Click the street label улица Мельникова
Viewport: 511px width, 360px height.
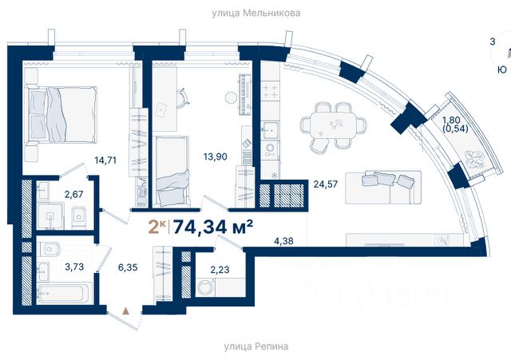tap(256, 13)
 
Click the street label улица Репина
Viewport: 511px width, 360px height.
tap(256, 346)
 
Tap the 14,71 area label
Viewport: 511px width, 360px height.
tap(105, 160)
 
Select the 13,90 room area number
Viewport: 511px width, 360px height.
tap(216, 156)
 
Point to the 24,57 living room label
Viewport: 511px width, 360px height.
tap(326, 184)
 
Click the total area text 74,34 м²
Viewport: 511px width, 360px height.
tap(213, 227)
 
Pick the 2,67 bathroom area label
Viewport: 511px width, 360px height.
tap(74, 195)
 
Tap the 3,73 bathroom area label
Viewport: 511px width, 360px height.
tap(74, 267)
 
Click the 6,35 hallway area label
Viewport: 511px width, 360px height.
tap(128, 267)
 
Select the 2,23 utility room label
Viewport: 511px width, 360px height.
tap(220, 270)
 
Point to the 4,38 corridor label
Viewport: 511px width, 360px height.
tap(284, 241)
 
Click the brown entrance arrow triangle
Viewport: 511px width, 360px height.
tap(125, 311)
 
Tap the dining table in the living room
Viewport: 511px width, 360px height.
tap(334, 125)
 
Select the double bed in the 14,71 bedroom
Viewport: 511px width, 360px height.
tap(61, 114)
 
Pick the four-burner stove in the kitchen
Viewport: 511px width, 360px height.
tap(271, 91)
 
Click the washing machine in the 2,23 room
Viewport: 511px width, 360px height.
tap(205, 287)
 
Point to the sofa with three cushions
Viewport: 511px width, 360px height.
tap(383, 187)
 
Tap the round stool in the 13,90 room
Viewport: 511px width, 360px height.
tap(231, 97)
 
